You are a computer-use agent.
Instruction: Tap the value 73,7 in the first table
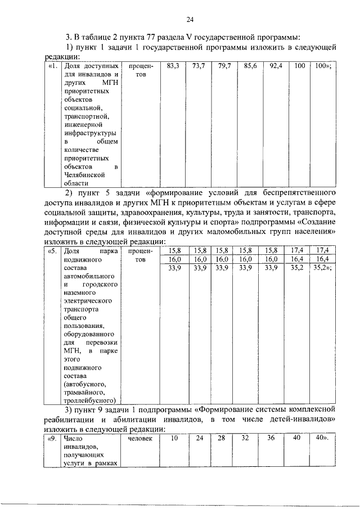tap(199, 66)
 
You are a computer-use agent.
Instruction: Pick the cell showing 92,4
tap(276, 66)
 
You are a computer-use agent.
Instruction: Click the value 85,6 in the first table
tap(251, 66)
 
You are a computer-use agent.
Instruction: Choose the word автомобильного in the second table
tap(89, 277)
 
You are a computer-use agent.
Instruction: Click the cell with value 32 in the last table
tap(244, 438)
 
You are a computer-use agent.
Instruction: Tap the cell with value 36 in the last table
tap(271, 438)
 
